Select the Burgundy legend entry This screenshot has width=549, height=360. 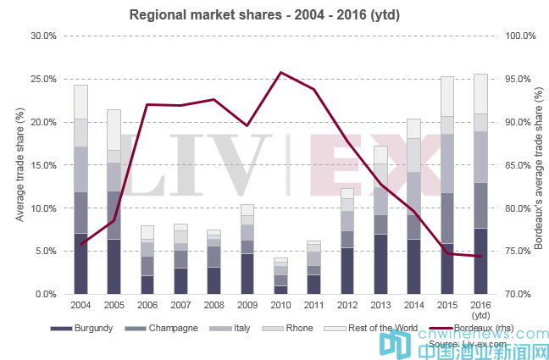[x=86, y=329]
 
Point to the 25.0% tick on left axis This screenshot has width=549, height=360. [x=42, y=80]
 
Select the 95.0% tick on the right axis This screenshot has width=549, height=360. [x=518, y=80]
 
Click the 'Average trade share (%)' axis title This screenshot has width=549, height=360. [x=19, y=164]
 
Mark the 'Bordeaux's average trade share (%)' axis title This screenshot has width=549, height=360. [x=536, y=164]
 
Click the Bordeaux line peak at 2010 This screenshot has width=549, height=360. [x=280, y=73]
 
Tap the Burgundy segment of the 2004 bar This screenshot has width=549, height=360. [x=80, y=263]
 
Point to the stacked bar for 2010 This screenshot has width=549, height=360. [x=280, y=276]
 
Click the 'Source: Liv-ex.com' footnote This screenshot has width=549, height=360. [x=468, y=345]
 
